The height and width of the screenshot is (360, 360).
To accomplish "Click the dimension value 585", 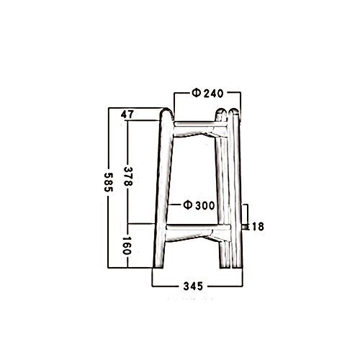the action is (x=108, y=182).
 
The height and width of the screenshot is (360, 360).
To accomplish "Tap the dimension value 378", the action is (x=128, y=176).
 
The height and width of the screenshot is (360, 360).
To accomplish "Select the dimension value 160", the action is (x=127, y=246).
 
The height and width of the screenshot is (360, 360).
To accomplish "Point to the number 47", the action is (x=127, y=114).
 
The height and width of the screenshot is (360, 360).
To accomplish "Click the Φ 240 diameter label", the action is (x=207, y=93).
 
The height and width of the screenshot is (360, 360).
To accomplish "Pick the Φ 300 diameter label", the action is (x=199, y=205).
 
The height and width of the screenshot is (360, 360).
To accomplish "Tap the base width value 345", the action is (x=193, y=286).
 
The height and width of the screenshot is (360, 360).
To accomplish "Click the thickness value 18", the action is (x=258, y=227).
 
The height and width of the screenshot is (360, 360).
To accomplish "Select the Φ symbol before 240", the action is (x=196, y=93).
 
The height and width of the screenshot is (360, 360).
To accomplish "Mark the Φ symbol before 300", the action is (x=187, y=205).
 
